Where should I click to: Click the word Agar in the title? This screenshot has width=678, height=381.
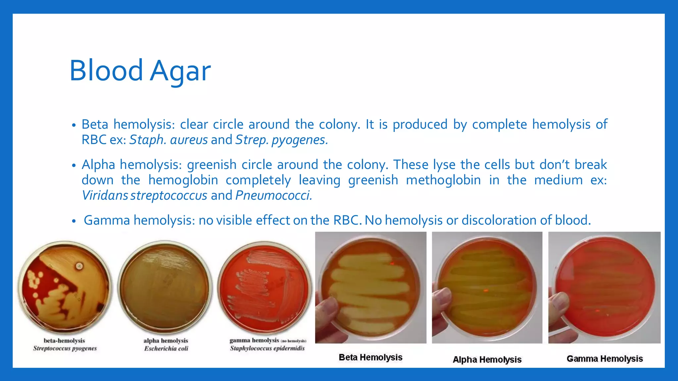(x=180, y=71)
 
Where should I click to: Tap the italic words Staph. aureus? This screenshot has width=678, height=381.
(x=168, y=140)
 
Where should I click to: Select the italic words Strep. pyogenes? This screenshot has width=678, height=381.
(x=281, y=140)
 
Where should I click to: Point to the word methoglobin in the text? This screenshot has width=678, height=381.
(x=443, y=180)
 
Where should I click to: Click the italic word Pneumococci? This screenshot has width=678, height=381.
(x=273, y=195)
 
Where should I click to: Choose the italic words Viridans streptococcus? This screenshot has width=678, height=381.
(x=144, y=195)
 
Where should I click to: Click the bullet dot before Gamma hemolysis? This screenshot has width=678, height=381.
(x=74, y=221)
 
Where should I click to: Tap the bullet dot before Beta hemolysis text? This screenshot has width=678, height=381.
(x=74, y=125)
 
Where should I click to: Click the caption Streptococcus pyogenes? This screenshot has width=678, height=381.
(x=65, y=348)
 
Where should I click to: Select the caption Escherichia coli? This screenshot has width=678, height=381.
(x=166, y=349)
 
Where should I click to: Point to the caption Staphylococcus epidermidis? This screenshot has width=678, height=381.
(x=267, y=348)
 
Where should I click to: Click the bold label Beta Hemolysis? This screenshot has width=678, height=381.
(x=370, y=358)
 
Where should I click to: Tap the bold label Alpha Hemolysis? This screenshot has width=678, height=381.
(x=487, y=360)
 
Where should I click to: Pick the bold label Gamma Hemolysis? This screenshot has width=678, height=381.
(x=605, y=359)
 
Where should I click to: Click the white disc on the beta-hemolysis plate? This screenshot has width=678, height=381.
(x=79, y=266)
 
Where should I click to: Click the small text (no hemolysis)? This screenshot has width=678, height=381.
(x=294, y=341)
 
